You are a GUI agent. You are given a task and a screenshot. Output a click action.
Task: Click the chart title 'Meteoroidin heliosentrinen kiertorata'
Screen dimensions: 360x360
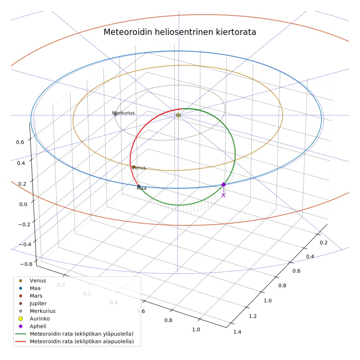coord(180,32)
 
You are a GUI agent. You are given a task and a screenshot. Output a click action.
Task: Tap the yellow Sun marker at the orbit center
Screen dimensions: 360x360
coord(179,115)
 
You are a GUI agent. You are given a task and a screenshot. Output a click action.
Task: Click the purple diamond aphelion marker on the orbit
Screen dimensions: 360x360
coord(224,185)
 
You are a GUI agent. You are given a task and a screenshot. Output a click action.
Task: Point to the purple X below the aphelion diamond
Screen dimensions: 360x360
coord(224,195)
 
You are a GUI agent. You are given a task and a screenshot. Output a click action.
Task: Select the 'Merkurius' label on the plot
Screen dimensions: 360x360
coord(123,113)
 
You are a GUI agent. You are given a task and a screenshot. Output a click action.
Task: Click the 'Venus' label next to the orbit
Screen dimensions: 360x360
coord(139,168)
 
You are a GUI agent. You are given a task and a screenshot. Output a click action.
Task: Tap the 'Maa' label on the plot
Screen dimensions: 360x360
coord(142,188)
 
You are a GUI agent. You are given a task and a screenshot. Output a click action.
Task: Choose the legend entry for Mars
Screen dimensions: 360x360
coord(36,296)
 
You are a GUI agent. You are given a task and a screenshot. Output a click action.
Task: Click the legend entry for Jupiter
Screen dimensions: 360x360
coord(38,303)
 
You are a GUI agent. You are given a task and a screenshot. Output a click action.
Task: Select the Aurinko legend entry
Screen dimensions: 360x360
coord(40,319)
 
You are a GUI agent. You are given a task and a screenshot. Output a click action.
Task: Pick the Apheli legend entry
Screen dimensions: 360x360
coord(38,326)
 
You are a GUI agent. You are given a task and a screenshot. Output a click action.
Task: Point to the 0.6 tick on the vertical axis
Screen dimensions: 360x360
coord(20,142)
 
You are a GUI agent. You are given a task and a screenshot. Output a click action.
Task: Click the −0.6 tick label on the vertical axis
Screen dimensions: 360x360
coord(26,264)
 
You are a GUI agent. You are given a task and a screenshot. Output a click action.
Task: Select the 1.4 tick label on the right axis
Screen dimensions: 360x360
coord(237,332)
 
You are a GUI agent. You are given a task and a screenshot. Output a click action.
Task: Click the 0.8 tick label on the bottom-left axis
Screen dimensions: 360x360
coord(168,320)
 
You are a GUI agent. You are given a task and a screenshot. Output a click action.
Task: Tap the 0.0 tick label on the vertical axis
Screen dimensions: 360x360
coord(23,205)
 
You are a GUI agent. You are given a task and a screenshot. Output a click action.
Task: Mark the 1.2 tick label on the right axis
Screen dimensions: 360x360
coord(253,316)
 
